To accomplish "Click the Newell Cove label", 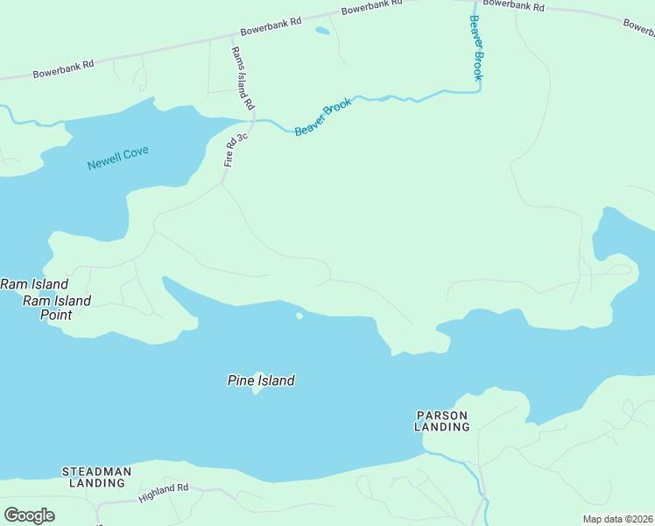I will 118,158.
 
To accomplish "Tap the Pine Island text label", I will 261,380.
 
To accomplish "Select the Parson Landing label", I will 442,421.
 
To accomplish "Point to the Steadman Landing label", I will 96,477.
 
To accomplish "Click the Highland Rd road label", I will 163,493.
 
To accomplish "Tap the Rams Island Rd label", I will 243,77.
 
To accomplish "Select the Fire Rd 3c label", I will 236,149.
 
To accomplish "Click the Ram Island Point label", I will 57,308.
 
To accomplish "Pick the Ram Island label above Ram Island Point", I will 34,284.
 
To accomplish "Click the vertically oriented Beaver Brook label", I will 476,48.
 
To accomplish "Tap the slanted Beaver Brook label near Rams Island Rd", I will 323,117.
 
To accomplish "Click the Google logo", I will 29,515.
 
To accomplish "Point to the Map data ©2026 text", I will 617,519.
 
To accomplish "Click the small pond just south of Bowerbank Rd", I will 322,32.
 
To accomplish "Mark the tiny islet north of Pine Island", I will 299,316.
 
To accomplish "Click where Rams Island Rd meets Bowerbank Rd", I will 232,38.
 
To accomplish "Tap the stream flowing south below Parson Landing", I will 482,491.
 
